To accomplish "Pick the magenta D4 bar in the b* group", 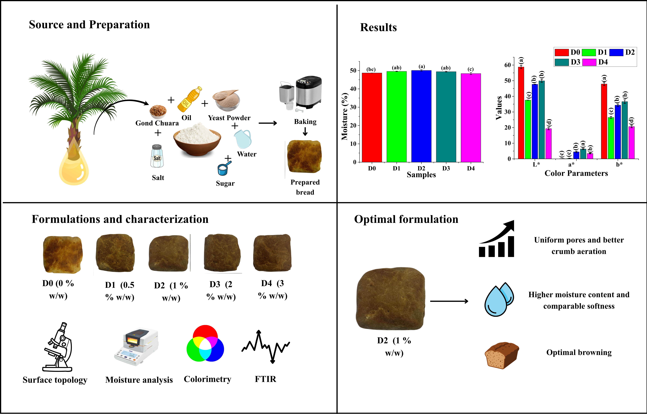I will (x=631, y=143).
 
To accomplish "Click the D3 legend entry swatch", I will (x=562, y=62).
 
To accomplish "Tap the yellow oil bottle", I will (x=189, y=100).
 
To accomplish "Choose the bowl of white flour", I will (x=197, y=139).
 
